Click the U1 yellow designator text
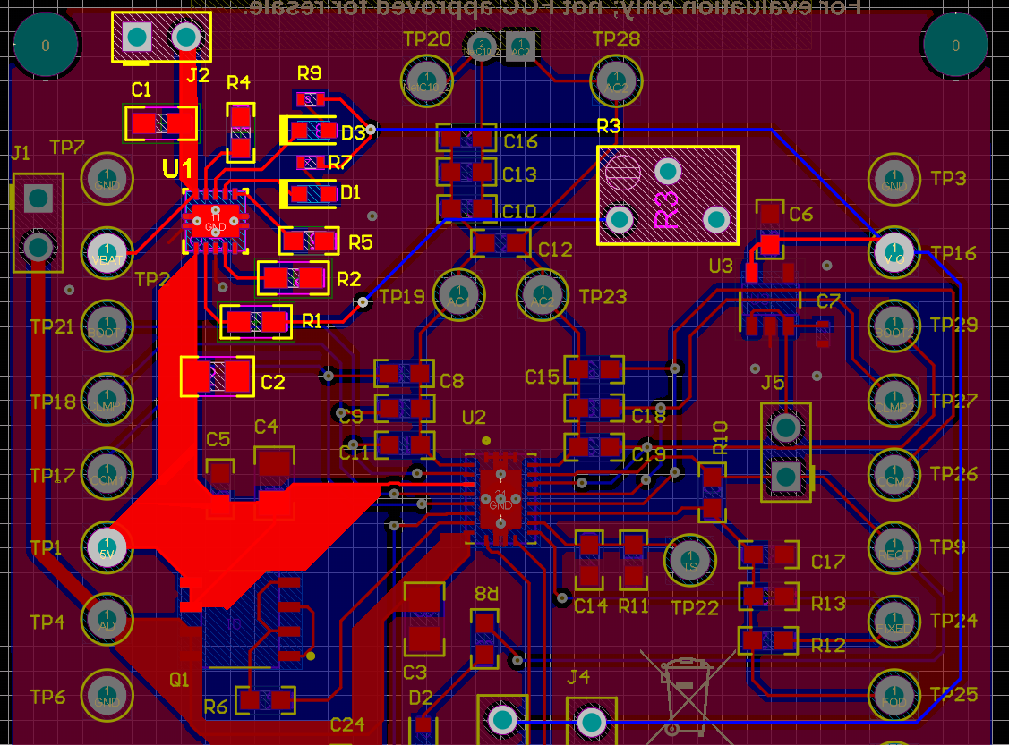(177, 168)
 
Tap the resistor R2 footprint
(293, 278)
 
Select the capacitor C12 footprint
(500, 242)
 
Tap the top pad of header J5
(785, 428)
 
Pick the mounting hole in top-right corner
(955, 45)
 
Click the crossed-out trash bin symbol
(686, 688)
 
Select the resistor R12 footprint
(768, 640)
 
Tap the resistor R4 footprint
(240, 132)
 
